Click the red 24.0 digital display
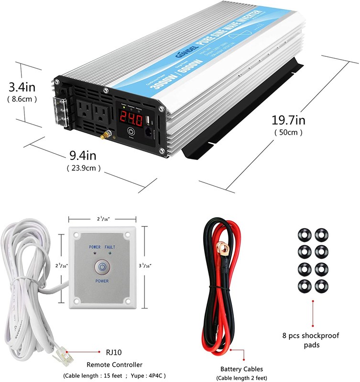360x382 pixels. pos(131,117)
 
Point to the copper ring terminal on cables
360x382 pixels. pos(221,247)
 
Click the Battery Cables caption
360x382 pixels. pos(240,369)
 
